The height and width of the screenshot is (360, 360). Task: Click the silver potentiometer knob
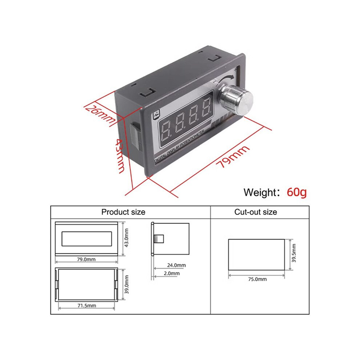pos(236,100)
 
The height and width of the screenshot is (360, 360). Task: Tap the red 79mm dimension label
pos(232,156)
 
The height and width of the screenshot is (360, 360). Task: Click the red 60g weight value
pos(297,192)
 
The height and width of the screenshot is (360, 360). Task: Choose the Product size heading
pos(123,212)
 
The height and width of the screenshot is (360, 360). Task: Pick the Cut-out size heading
pos(256,212)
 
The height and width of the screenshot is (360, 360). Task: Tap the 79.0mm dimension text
pos(86,259)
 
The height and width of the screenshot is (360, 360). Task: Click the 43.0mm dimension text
pos(126,238)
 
